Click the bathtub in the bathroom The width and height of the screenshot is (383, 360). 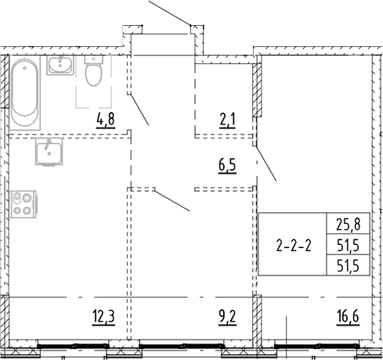pyautogui.click(x=25, y=92)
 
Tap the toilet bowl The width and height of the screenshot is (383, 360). pyautogui.click(x=94, y=74)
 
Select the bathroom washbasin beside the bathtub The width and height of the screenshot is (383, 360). pyautogui.click(x=60, y=66)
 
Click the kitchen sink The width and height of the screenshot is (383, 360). pyautogui.click(x=49, y=152)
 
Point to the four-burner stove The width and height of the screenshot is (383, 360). pyautogui.click(x=23, y=204)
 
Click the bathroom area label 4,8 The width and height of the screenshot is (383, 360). pyautogui.click(x=106, y=121)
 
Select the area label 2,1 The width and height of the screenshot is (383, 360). pyautogui.click(x=227, y=121)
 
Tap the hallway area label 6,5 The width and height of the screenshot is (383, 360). pyautogui.click(x=227, y=166)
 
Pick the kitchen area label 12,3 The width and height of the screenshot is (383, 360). pyautogui.click(x=103, y=317)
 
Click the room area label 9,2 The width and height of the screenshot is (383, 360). pyautogui.click(x=227, y=317)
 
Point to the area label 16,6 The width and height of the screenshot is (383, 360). pyautogui.click(x=349, y=317)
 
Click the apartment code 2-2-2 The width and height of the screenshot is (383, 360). pyautogui.click(x=294, y=246)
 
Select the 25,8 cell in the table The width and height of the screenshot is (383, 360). pyautogui.click(x=349, y=225)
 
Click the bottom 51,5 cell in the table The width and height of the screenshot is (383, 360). pyautogui.click(x=349, y=266)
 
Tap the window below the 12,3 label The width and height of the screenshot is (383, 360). pyautogui.click(x=73, y=346)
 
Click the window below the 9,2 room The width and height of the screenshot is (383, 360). pyautogui.click(x=182, y=346)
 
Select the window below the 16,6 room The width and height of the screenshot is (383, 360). pyautogui.click(x=317, y=346)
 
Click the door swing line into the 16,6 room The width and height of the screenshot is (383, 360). pyautogui.click(x=266, y=164)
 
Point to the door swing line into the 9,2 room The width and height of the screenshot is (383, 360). pyautogui.click(x=172, y=200)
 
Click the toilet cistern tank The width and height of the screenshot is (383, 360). pyautogui.click(x=94, y=59)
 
